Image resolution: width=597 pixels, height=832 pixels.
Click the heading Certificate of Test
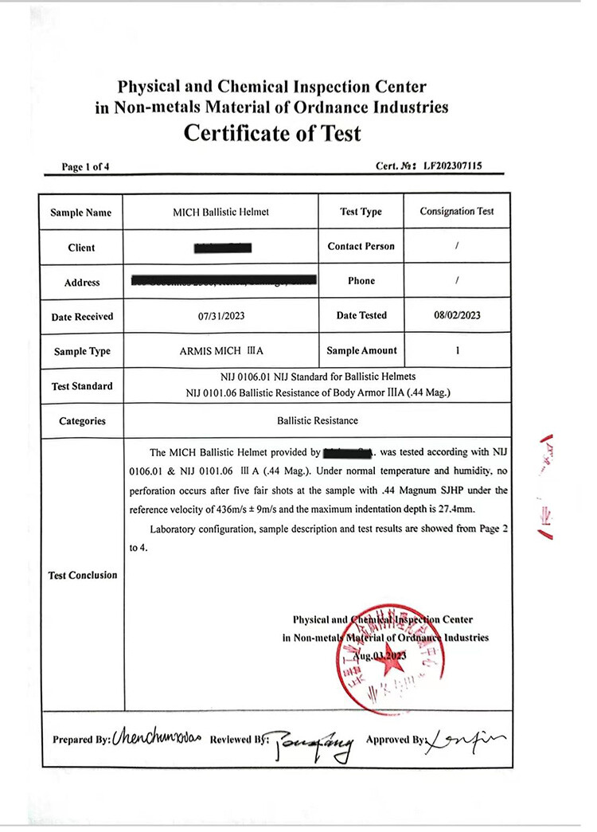[x=272, y=133]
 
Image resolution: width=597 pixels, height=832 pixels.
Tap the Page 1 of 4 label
[x=85, y=166]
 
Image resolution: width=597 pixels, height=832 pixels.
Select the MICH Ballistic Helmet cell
[x=221, y=212]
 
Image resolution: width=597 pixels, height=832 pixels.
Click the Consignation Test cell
[x=457, y=211]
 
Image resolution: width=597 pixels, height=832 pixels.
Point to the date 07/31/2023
[x=221, y=316]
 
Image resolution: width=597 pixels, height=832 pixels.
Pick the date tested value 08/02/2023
[x=457, y=315]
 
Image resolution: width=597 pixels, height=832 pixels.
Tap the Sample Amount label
[x=361, y=350]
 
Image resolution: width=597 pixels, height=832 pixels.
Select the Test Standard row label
[x=82, y=386]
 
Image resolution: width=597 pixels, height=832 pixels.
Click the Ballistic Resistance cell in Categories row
[x=318, y=420]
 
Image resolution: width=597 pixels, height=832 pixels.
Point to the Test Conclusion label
[x=83, y=575]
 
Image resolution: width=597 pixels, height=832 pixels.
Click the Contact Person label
[x=361, y=246]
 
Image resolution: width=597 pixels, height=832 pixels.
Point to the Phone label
[x=361, y=281]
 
